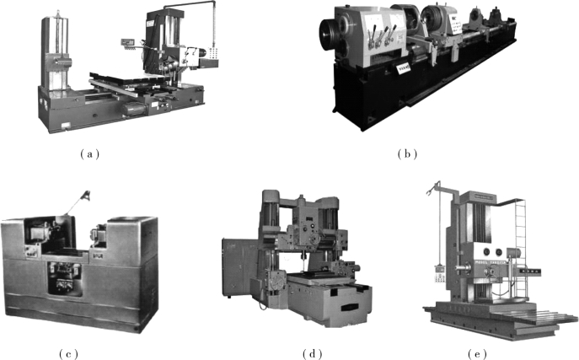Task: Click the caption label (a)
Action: (89, 154)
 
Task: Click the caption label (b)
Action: (407, 154)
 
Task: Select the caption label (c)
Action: (68, 354)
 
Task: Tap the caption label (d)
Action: (313, 354)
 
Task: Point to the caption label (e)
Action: (477, 354)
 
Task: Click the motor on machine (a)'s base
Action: (133, 109)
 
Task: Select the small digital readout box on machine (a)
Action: (127, 42)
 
